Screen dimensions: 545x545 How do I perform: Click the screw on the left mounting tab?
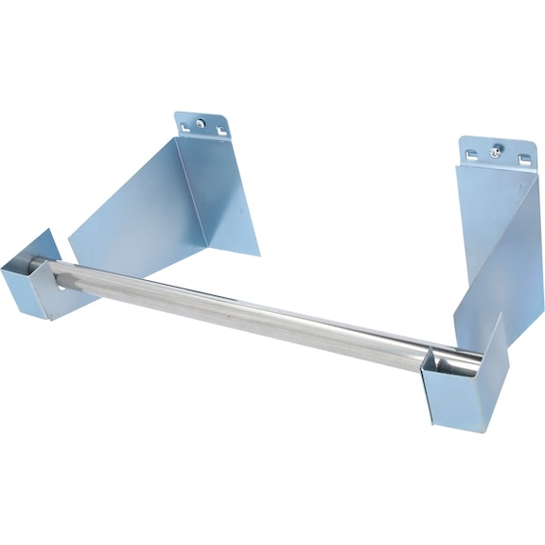click(x=200, y=123)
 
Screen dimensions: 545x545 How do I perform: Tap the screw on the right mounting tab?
click(x=496, y=150)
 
